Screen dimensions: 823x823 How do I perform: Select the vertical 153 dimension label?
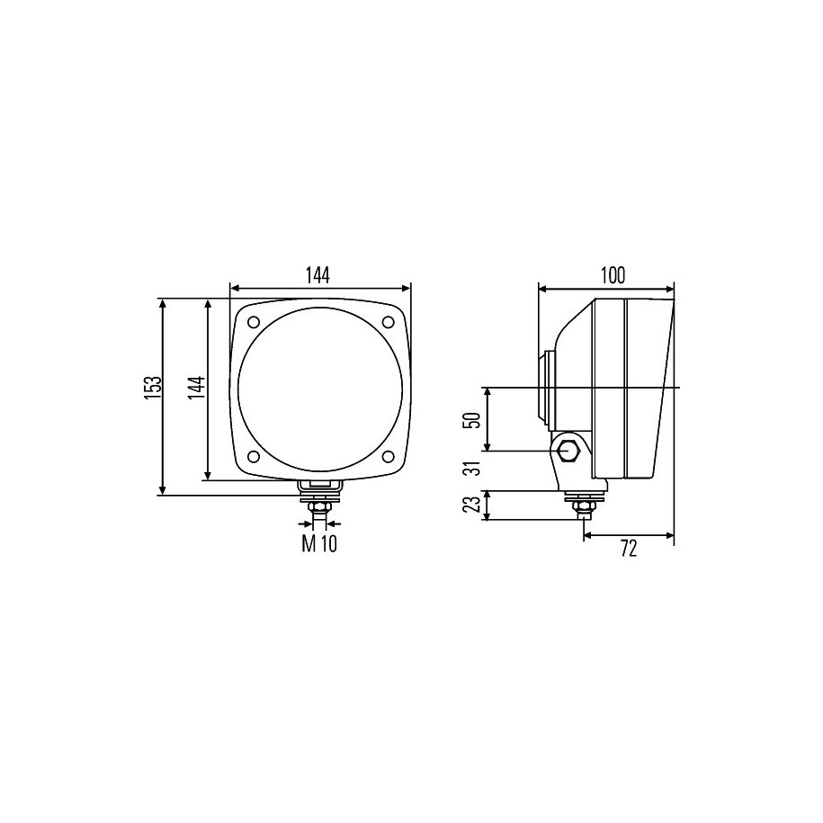(152, 388)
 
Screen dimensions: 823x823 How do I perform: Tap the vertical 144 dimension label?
(197, 388)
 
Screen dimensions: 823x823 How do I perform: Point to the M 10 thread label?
(319, 544)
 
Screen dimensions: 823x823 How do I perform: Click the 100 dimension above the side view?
(613, 275)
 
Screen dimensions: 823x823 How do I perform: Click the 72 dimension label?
(629, 549)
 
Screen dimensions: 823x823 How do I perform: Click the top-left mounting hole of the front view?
(254, 322)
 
